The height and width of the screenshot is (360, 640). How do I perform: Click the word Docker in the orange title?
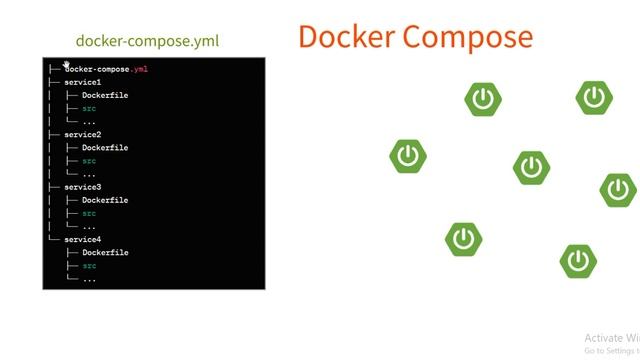(x=345, y=37)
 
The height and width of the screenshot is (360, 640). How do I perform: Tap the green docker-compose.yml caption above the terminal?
(x=147, y=42)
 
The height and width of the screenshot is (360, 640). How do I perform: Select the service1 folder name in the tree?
(x=82, y=82)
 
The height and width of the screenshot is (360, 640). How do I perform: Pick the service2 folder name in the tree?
(x=82, y=135)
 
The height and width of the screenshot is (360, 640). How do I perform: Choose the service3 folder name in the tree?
(x=82, y=187)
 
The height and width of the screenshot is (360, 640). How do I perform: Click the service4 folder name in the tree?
(x=82, y=240)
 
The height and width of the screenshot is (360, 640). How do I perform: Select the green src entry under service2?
(x=89, y=161)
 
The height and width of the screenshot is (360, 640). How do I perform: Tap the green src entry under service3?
(x=89, y=213)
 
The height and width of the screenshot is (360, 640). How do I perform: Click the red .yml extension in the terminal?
(x=140, y=69)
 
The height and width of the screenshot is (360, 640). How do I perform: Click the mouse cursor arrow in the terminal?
(x=67, y=65)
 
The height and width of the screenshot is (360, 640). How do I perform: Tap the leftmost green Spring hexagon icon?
(x=408, y=156)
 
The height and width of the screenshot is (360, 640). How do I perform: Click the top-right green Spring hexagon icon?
(x=594, y=97)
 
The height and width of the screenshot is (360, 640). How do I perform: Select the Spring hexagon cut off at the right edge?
(x=619, y=189)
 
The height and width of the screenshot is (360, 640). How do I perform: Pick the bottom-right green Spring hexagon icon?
(x=578, y=261)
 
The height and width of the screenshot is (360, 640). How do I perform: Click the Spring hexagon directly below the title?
(x=483, y=99)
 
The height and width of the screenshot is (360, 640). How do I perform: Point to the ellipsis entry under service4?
(x=89, y=279)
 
